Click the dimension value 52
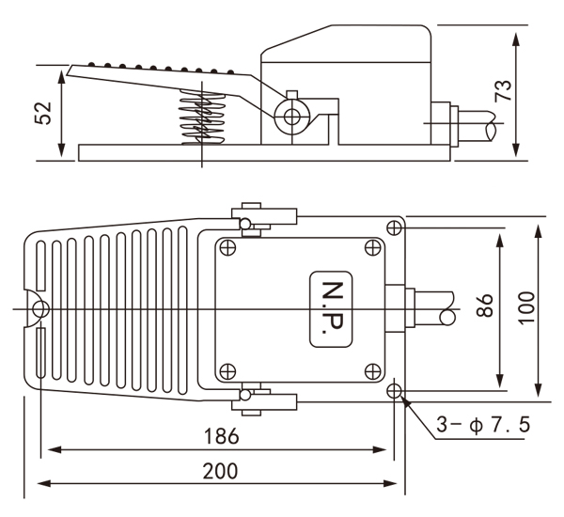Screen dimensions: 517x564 tap(43, 113)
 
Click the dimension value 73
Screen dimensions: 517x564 tap(503, 90)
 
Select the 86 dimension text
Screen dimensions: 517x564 tap(485, 306)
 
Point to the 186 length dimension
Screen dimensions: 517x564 tap(220, 436)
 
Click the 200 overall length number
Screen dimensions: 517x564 tap(220, 471)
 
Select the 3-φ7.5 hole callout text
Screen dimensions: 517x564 tap(483, 425)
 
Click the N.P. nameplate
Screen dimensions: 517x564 tap(331, 306)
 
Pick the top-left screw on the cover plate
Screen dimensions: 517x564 tap(227, 247)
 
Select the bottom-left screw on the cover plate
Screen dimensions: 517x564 tap(227, 368)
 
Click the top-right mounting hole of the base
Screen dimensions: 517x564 tap(395, 227)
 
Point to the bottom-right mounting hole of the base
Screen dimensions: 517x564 tap(395, 391)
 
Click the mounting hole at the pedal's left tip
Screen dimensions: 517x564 tap(39, 307)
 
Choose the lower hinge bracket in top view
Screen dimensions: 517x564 tap(268, 399)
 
